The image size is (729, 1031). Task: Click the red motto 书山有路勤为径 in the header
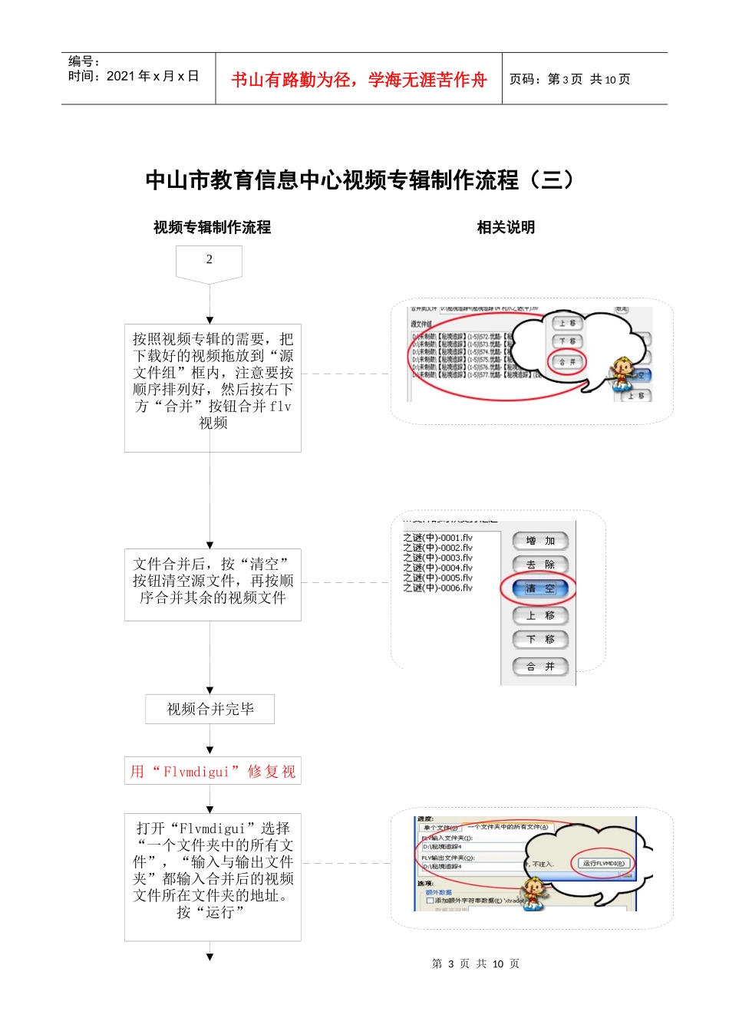[358, 80]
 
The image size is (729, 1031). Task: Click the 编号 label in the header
[84, 61]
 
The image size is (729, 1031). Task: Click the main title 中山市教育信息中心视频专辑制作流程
[359, 180]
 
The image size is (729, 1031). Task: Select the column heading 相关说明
[506, 227]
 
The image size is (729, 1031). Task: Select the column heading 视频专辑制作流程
[212, 227]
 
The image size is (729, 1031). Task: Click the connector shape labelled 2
[209, 261]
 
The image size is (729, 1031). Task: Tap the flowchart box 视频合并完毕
[210, 710]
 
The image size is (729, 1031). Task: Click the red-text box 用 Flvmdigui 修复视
[213, 771]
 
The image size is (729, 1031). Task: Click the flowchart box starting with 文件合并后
[213, 581]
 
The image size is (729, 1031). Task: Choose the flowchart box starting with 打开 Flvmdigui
[213, 871]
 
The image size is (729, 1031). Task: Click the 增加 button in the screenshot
[540, 541]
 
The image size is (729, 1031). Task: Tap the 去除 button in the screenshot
[540, 564]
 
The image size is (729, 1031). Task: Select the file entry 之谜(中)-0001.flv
[438, 538]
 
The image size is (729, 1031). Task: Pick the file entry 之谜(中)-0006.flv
[438, 588]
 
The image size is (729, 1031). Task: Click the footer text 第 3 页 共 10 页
[475, 963]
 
